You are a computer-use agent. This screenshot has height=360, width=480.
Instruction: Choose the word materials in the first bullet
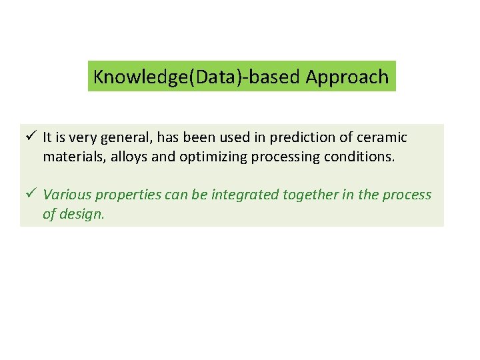click(70, 158)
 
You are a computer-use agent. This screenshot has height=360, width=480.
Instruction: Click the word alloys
click(123, 158)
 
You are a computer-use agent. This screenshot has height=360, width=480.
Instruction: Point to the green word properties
click(125, 195)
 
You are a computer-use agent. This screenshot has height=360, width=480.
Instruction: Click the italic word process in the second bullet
click(408, 195)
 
